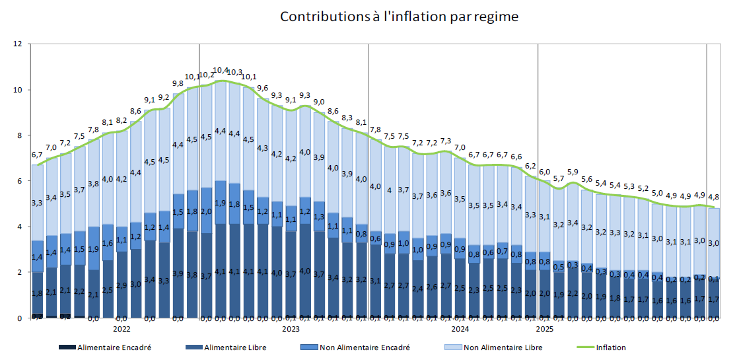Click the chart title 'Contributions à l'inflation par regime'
tap(400, 17)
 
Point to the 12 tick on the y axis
tap(18, 44)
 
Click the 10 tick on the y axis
tap(18, 90)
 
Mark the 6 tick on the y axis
tap(20, 181)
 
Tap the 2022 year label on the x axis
tap(122, 328)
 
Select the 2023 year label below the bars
tap(291, 328)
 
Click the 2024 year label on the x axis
tap(460, 328)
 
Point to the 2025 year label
tap(545, 328)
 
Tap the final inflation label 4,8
tap(714, 197)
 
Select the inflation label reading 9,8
tap(178, 84)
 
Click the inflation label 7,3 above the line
tap(446, 141)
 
